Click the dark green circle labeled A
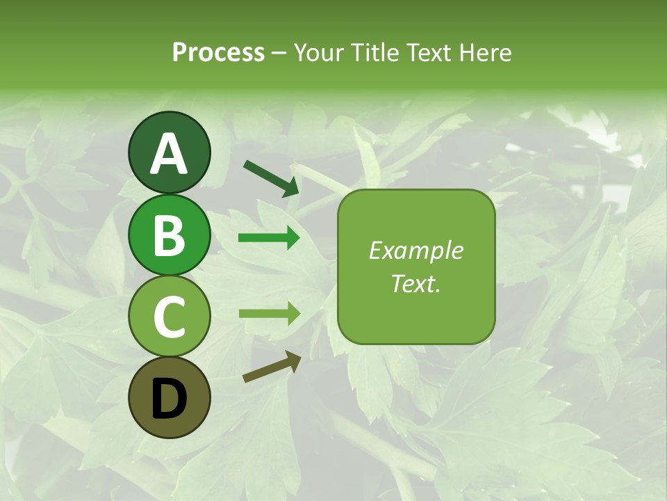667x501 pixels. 170,152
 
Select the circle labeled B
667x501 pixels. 170,234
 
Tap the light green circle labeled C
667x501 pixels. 170,317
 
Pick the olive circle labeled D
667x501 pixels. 170,398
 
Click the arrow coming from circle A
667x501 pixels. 272,177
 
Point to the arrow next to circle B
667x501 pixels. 269,238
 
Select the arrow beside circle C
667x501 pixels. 269,313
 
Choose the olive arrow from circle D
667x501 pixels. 272,367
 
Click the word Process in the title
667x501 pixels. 218,52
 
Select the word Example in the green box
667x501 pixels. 415,250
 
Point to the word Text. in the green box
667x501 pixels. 415,284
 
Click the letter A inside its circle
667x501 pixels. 170,154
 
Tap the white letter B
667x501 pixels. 170,235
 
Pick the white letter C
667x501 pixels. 170,317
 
